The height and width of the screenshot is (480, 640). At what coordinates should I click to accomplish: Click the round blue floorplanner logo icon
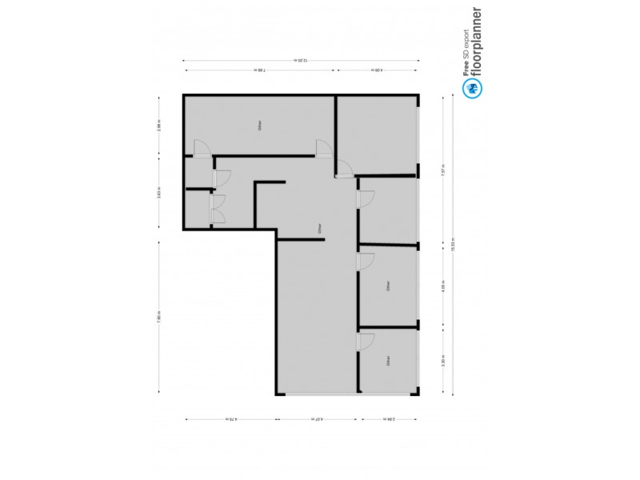(x=473, y=88)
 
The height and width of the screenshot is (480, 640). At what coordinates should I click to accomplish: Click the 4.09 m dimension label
(x=376, y=71)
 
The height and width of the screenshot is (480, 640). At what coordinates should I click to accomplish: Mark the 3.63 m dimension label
(x=160, y=193)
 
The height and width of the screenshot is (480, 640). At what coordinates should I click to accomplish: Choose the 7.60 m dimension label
(x=160, y=315)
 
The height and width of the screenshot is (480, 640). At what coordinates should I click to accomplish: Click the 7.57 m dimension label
(x=442, y=169)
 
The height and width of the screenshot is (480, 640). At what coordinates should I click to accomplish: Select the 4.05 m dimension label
(x=442, y=285)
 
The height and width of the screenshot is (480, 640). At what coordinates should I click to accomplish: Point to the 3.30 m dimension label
(x=442, y=361)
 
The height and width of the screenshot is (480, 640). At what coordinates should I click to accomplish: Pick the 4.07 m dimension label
(x=318, y=418)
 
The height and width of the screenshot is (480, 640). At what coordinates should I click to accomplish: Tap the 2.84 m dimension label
(x=389, y=418)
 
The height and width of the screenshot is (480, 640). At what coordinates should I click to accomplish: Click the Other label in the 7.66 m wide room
(x=258, y=125)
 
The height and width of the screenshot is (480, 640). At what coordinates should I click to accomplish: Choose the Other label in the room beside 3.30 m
(x=387, y=361)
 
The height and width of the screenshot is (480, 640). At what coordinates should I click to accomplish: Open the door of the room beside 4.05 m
(x=366, y=262)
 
